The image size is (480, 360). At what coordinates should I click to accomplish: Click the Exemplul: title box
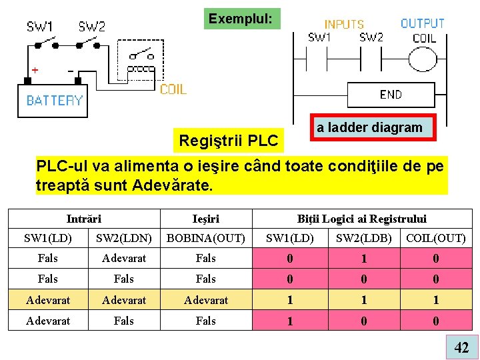click(241, 19)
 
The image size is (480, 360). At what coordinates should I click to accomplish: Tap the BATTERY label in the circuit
click(54, 101)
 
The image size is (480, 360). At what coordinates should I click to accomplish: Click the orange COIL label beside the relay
click(173, 89)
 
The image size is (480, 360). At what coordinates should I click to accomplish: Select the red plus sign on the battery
click(35, 69)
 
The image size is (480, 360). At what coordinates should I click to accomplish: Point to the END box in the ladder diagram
click(391, 95)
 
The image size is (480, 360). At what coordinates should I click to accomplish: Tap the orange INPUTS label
click(344, 25)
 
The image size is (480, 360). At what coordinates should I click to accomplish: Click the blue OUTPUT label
click(423, 23)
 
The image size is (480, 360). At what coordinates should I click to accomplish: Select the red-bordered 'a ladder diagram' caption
click(369, 127)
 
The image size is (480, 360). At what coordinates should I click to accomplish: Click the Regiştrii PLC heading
click(229, 141)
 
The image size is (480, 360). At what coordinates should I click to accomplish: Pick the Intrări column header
click(84, 219)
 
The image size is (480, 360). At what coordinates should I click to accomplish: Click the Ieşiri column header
click(206, 219)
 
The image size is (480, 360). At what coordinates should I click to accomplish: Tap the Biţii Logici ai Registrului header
click(362, 219)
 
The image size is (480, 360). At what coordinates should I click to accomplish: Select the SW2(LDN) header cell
click(123, 238)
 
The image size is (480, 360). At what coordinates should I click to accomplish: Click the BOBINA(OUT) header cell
click(206, 238)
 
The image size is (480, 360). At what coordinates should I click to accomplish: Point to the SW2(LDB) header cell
click(363, 238)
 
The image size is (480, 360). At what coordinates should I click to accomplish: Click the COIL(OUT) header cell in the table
click(436, 238)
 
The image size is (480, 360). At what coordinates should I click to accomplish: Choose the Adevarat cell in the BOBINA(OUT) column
click(206, 300)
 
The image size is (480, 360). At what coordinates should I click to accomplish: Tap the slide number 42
click(461, 347)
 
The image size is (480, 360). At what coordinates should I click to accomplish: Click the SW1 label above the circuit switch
click(40, 27)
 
